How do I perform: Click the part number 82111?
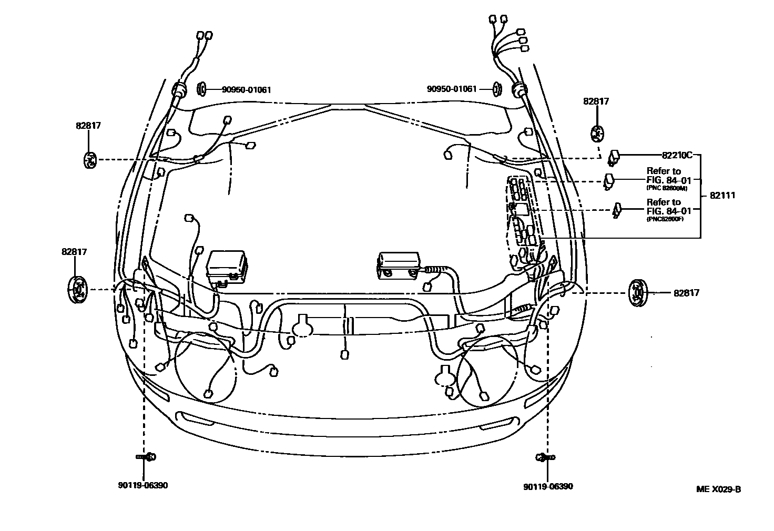[x=722, y=195]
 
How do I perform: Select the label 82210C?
[x=677, y=155]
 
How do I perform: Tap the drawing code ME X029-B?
[x=718, y=489]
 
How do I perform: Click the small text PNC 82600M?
[x=666, y=188]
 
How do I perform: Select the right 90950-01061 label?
[x=452, y=89]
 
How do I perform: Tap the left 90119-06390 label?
[x=142, y=485]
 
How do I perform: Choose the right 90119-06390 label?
[x=548, y=486]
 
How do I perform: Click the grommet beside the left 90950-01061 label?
[x=201, y=89]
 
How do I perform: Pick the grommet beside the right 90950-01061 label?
[x=497, y=89]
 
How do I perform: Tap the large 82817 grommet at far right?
[x=637, y=293]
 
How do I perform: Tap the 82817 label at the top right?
[x=596, y=101]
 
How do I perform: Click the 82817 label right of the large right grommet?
[x=686, y=293]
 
